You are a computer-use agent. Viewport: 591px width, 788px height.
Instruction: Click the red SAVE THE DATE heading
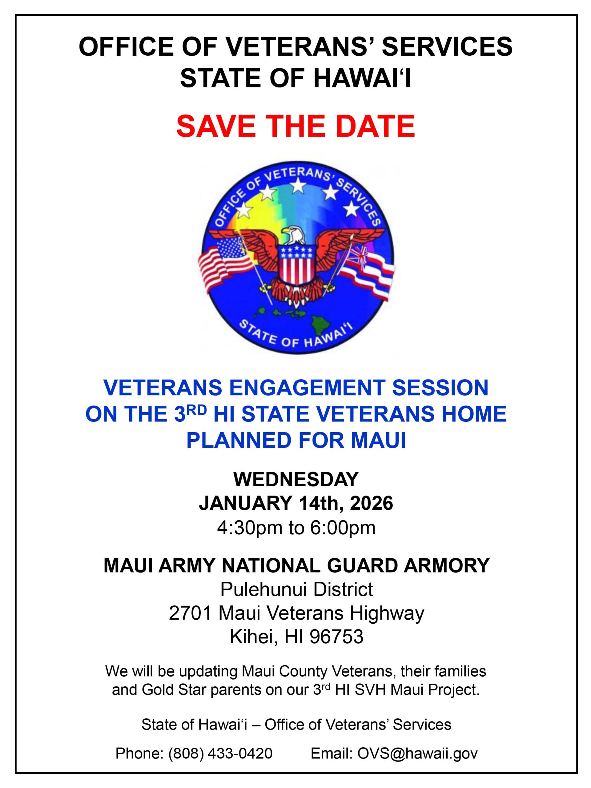pyautogui.click(x=296, y=126)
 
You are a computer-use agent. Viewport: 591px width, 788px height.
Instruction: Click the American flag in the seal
pyautogui.click(x=225, y=260)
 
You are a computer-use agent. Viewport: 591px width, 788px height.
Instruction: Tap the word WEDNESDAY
pyautogui.click(x=296, y=480)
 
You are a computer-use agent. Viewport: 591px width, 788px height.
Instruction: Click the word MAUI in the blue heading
pyautogui.click(x=378, y=441)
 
